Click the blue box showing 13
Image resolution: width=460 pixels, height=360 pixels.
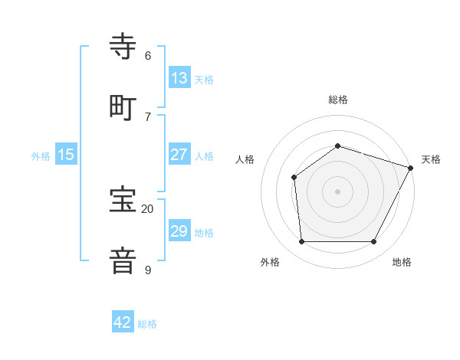click(179, 77)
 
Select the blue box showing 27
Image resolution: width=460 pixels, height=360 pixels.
click(179, 154)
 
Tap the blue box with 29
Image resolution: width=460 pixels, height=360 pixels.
click(179, 231)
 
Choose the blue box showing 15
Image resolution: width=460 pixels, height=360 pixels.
click(66, 155)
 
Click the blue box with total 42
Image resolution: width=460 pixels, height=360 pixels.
click(123, 322)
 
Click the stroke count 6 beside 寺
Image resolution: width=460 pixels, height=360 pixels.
click(148, 56)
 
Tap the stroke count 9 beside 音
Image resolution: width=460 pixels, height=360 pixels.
click(148, 270)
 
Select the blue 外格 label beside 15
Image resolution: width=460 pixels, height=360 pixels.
click(41, 155)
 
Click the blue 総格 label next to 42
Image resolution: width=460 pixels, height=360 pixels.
click(147, 324)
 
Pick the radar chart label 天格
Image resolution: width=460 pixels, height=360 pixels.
click(431, 159)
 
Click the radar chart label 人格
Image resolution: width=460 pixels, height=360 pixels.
click(245, 159)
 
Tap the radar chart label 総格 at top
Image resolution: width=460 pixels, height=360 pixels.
click(337, 100)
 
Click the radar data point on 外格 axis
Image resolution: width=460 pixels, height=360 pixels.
click(301, 242)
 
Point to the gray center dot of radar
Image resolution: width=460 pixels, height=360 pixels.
click(337, 191)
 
